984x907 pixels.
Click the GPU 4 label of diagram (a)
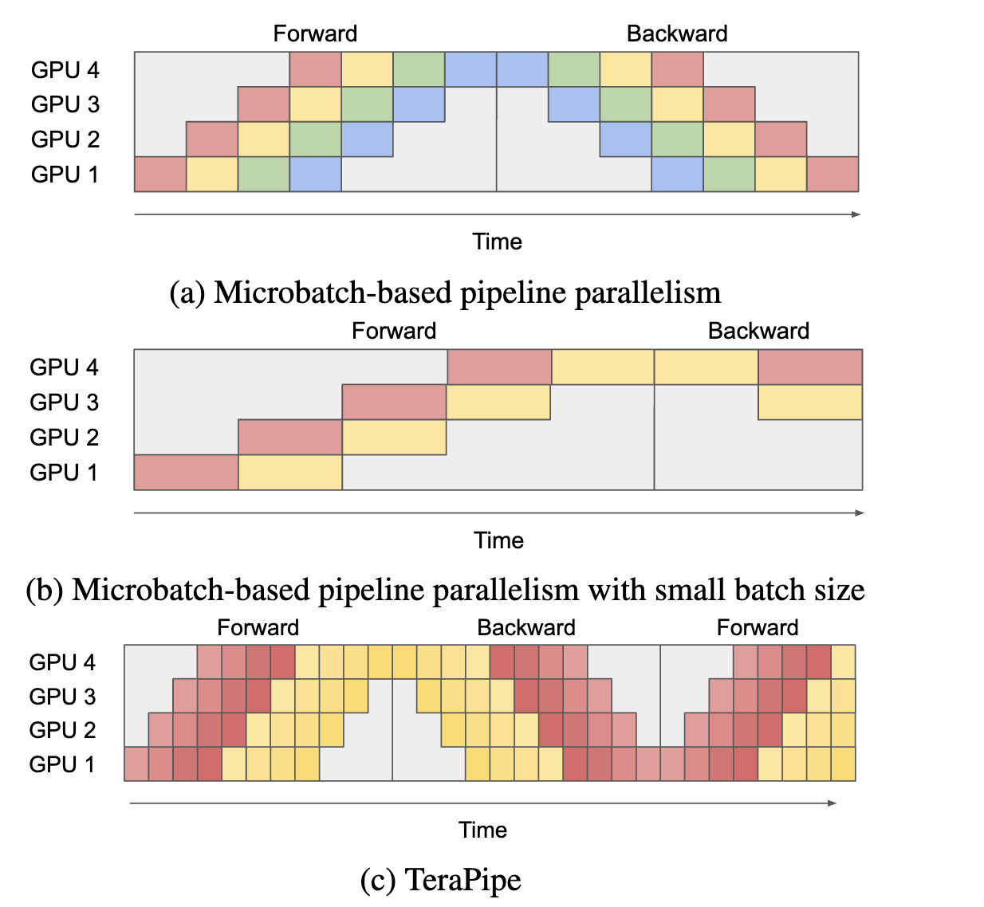click(x=65, y=70)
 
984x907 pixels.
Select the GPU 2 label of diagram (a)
click(x=65, y=139)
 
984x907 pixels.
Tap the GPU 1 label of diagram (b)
click(x=64, y=473)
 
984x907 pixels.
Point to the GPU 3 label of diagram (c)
click(x=62, y=697)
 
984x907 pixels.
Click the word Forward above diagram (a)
click(x=315, y=33)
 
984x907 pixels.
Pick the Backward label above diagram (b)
click(x=758, y=331)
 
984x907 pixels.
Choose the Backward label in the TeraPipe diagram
click(x=526, y=627)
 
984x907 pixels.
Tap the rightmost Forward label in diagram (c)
click(x=758, y=627)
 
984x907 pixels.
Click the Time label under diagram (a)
click(x=497, y=241)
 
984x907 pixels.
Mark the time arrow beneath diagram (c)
click(x=482, y=803)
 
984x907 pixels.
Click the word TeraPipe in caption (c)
click(x=463, y=880)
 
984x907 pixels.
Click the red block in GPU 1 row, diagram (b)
click(x=186, y=473)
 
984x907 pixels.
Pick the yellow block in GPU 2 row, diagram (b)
click(x=394, y=438)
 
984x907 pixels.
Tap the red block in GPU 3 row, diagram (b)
click(x=394, y=402)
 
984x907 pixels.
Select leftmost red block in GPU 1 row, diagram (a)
click(x=160, y=175)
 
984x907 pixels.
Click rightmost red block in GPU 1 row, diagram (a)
click(x=832, y=175)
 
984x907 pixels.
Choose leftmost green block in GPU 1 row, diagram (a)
click(x=263, y=175)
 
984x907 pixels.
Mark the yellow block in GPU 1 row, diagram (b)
click(x=290, y=473)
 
